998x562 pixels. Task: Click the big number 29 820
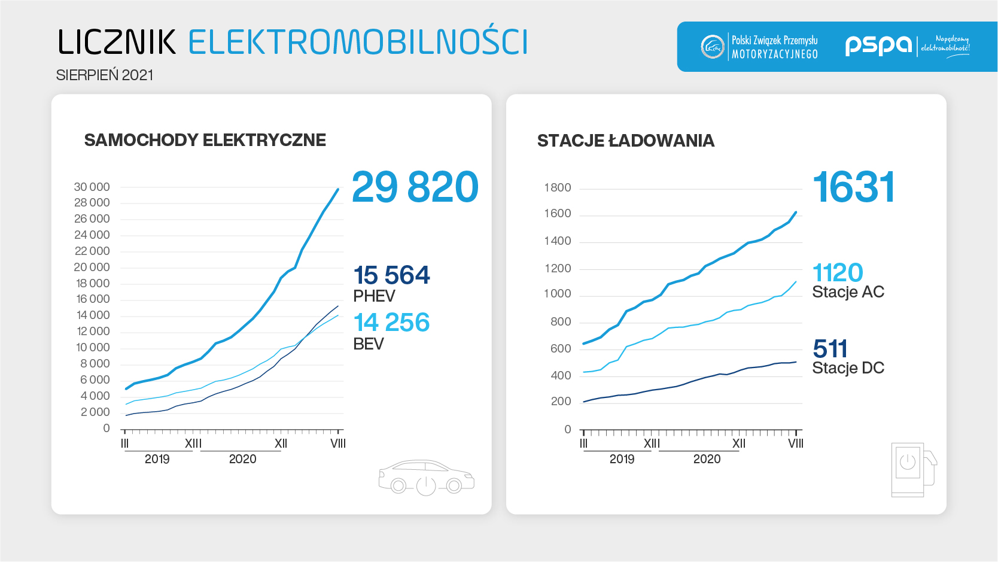pyautogui.click(x=415, y=187)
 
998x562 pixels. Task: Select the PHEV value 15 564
pyautogui.click(x=391, y=275)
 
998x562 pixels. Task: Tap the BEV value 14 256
pyautogui.click(x=391, y=323)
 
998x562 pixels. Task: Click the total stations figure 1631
pyautogui.click(x=853, y=187)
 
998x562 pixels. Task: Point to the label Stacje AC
pyautogui.click(x=848, y=292)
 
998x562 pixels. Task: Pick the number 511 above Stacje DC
pyautogui.click(x=830, y=349)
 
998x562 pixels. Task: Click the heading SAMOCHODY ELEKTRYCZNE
pyautogui.click(x=205, y=140)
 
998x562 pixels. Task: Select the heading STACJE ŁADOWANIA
pyautogui.click(x=625, y=141)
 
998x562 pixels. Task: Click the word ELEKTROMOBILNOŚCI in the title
pyautogui.click(x=358, y=42)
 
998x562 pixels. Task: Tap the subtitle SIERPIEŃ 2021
pyautogui.click(x=105, y=75)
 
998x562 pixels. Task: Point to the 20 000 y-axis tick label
pyautogui.click(x=92, y=267)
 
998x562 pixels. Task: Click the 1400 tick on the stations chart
pyautogui.click(x=558, y=241)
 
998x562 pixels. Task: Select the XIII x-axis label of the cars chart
pyautogui.click(x=193, y=443)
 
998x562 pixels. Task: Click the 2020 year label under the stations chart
pyautogui.click(x=707, y=459)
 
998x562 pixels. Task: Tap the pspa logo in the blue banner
pyautogui.click(x=878, y=45)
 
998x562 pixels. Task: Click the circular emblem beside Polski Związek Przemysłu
pyautogui.click(x=712, y=47)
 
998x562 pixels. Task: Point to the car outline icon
pyautogui.click(x=426, y=478)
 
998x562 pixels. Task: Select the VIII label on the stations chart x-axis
pyautogui.click(x=796, y=443)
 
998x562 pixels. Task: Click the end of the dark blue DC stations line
pyautogui.click(x=796, y=361)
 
